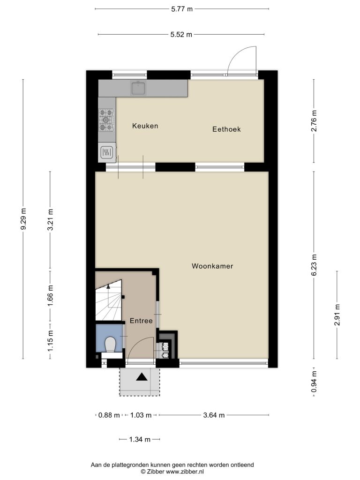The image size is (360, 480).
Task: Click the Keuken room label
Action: point(145,126)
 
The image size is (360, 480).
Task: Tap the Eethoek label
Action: point(226,129)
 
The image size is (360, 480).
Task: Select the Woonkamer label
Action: point(212,266)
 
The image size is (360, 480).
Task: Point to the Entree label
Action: point(141,321)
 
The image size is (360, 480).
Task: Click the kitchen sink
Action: point(138,88)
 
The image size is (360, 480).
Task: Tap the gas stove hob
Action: point(106,120)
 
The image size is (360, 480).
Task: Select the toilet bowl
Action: point(110,345)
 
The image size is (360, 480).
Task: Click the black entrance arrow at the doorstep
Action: point(142,377)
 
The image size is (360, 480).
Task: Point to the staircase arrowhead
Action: point(108,286)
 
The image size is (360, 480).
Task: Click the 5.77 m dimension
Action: point(182,9)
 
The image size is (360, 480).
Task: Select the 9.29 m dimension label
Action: point(23,218)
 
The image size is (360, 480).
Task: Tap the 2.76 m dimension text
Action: point(314,120)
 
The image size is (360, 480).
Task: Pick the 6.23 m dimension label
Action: point(314,265)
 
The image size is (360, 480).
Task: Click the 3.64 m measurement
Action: point(214,415)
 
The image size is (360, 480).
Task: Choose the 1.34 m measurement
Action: point(140,439)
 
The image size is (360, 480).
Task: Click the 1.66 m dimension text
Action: point(51,295)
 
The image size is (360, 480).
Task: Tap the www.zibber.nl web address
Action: point(185,472)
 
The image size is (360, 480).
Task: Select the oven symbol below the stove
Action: point(106,152)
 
